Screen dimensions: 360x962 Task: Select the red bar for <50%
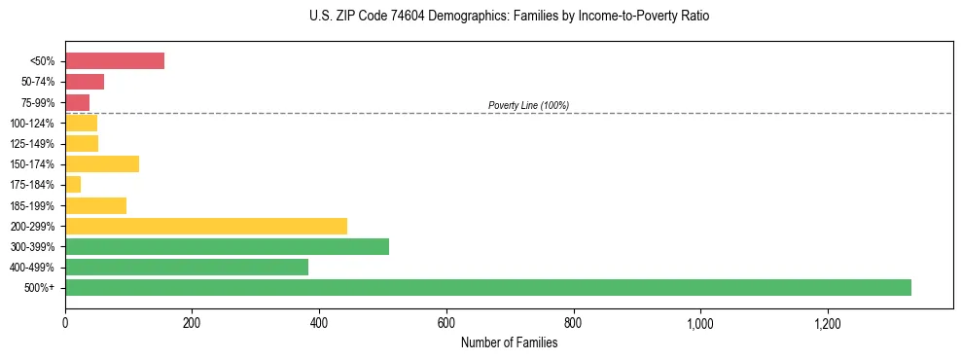pyautogui.click(x=115, y=61)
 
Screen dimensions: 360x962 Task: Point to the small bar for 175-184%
pyautogui.click(x=73, y=184)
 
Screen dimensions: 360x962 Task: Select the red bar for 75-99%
pyautogui.click(x=78, y=102)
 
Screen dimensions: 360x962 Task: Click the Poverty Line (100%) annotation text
pyautogui.click(x=528, y=105)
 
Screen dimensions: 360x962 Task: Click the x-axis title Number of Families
pyautogui.click(x=509, y=342)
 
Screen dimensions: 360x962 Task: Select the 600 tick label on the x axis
pyautogui.click(x=446, y=323)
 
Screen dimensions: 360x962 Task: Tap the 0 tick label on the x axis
pyautogui.click(x=65, y=323)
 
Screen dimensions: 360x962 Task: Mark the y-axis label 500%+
pyautogui.click(x=44, y=287)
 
